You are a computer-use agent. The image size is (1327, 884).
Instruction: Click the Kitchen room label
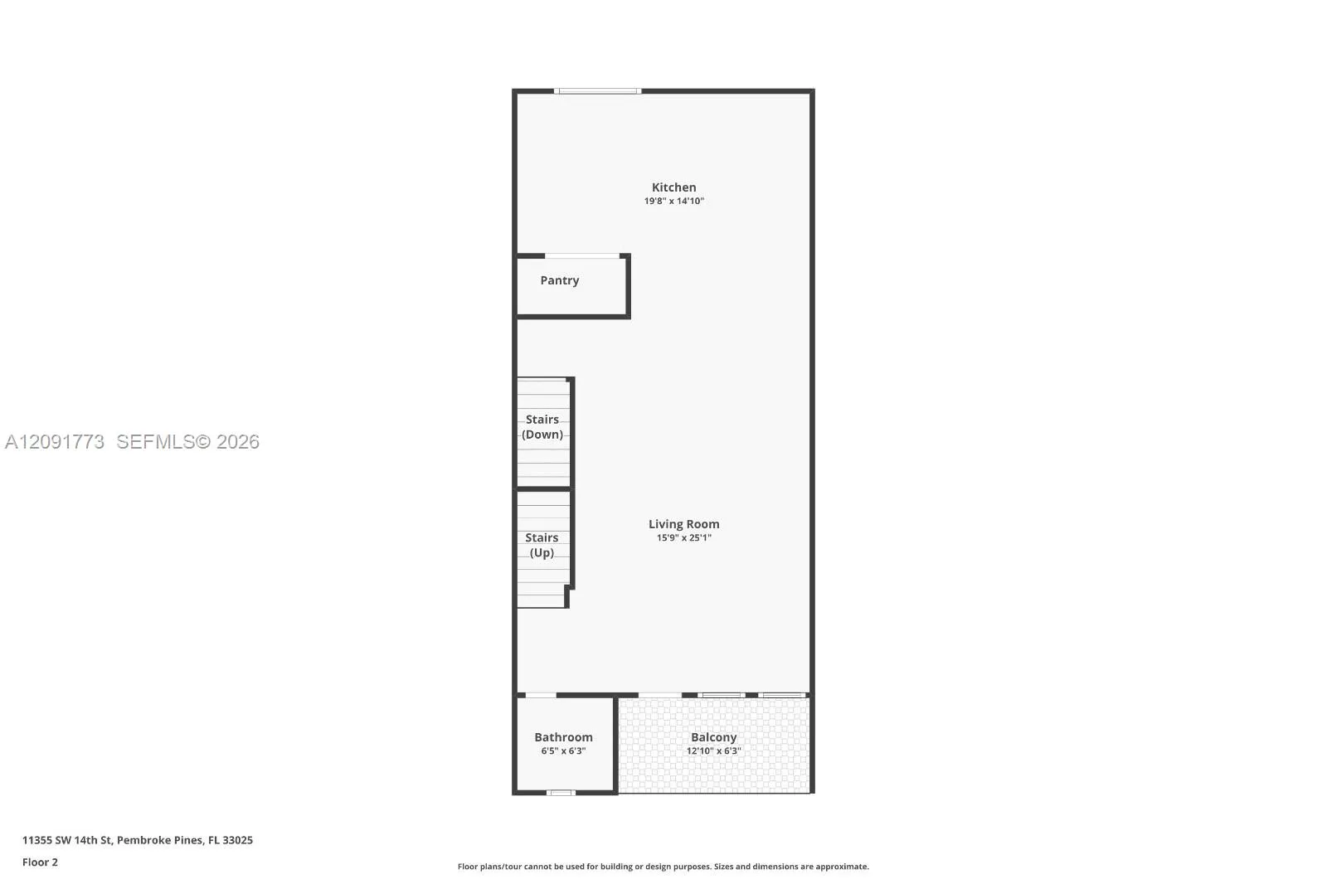tap(673, 187)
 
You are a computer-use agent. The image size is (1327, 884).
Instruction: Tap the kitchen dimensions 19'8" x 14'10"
tap(673, 201)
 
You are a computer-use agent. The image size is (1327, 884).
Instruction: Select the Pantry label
tap(559, 280)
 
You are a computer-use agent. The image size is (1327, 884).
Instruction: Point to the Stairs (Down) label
tap(542, 426)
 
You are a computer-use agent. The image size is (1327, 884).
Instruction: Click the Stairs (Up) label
tap(542, 545)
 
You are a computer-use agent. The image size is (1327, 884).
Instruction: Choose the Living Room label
tap(683, 524)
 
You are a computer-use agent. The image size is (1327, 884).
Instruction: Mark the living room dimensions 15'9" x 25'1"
tap(683, 538)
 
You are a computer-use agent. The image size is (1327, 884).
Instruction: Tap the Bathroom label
tap(563, 737)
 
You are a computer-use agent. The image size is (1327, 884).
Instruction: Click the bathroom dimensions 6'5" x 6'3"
tap(563, 750)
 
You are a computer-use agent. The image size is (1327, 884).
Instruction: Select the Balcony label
tap(713, 737)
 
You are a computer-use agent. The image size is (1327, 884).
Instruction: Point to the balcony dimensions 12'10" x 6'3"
tap(713, 750)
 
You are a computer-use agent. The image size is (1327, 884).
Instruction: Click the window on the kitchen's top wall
tap(598, 91)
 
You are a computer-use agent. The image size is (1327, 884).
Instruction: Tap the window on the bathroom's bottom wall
tap(561, 793)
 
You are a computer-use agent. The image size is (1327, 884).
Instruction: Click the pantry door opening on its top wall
tap(582, 256)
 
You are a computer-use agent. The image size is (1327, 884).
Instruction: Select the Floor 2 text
tap(41, 862)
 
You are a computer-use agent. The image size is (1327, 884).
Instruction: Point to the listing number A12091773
tap(55, 441)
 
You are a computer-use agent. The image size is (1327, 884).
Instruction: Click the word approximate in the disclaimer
tap(842, 867)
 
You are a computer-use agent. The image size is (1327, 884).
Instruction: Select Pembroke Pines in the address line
tap(159, 840)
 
